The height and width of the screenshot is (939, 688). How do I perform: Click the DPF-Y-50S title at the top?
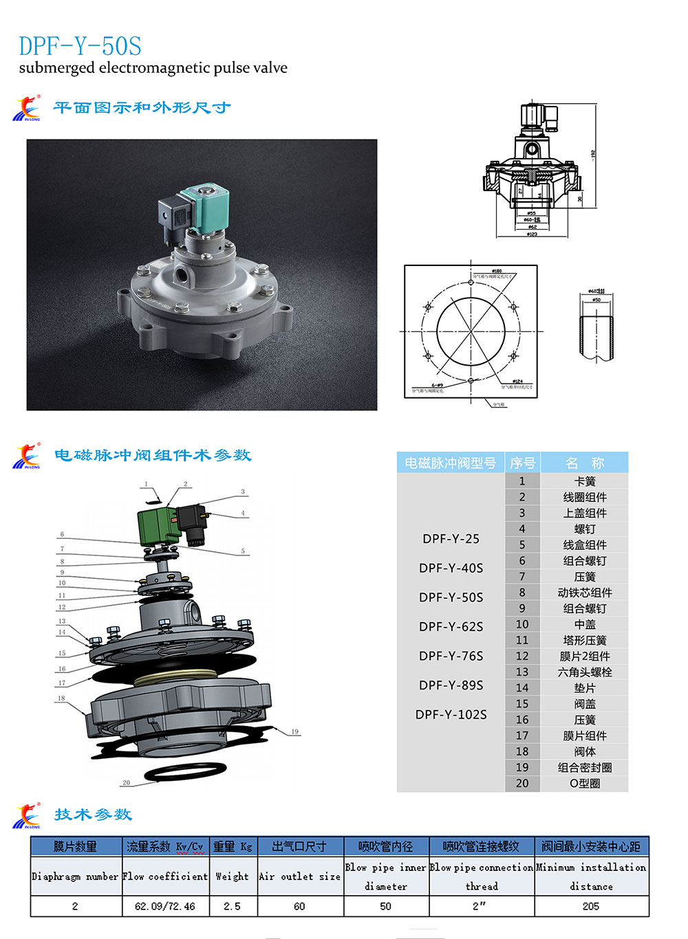point(80,46)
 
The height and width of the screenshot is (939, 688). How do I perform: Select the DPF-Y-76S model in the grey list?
point(451,656)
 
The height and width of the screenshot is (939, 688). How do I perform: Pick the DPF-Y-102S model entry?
point(451,714)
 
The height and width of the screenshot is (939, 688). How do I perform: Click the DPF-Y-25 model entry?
point(451,539)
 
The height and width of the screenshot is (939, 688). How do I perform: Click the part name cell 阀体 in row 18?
point(584,751)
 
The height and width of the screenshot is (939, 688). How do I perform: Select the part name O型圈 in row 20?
point(584,783)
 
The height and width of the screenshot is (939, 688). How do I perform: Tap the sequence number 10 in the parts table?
point(522,624)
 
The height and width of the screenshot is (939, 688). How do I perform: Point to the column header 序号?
point(522,463)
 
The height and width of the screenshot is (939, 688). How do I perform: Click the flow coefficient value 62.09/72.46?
point(165,906)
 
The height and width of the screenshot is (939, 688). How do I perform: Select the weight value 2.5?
point(232,906)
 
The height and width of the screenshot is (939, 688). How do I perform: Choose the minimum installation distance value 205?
point(590,906)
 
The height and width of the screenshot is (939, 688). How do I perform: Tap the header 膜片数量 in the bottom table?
point(75,846)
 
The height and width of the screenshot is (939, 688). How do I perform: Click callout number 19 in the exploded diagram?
point(294,731)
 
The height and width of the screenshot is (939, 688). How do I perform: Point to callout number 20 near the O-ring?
point(126,782)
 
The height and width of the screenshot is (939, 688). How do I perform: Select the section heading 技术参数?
point(93,815)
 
